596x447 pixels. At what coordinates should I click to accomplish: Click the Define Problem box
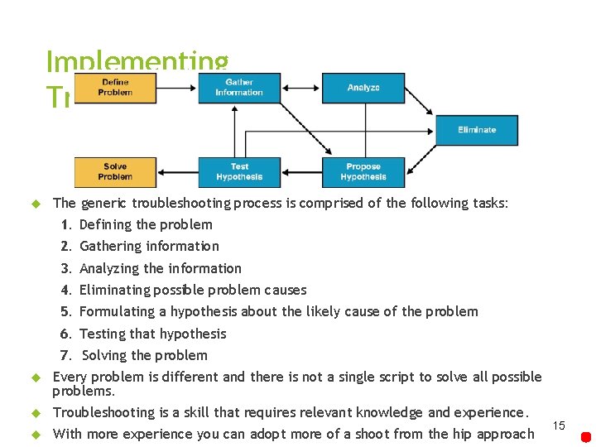(x=115, y=87)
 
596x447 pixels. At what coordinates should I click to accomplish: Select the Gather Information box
(x=239, y=87)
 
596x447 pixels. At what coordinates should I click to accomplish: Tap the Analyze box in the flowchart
(x=363, y=88)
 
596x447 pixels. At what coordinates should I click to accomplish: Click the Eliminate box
(x=477, y=130)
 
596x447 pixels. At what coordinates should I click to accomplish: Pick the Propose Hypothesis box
(x=363, y=171)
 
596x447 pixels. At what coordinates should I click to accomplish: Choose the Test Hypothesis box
(x=239, y=171)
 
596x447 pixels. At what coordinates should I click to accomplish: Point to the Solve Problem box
(x=115, y=171)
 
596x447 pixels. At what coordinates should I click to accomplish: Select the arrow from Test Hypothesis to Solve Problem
(x=177, y=172)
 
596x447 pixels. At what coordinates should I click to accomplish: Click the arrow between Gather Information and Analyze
(x=301, y=88)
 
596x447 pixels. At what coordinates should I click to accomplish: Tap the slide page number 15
(x=559, y=425)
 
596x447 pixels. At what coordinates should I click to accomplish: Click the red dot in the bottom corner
(x=585, y=436)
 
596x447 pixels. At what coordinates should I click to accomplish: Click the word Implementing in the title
(x=137, y=61)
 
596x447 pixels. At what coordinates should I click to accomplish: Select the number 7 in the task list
(x=65, y=356)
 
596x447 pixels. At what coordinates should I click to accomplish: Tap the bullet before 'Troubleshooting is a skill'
(x=36, y=413)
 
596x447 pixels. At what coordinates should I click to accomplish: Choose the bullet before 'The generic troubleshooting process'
(x=36, y=204)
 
